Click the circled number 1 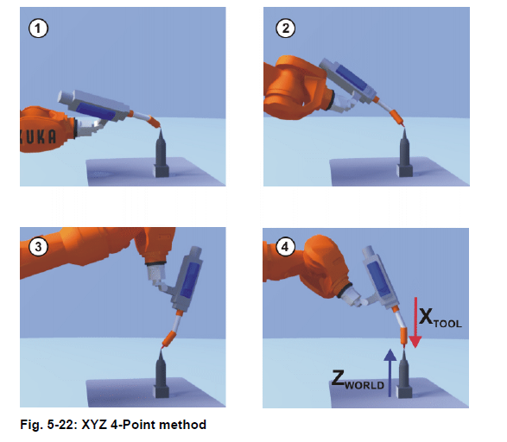tap(38, 28)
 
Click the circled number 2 tap(285, 28)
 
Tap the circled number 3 tap(38, 247)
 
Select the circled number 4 tap(285, 247)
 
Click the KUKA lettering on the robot tap(38, 136)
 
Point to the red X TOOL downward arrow tap(415, 323)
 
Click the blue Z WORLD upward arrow tap(390, 373)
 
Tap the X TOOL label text tap(440, 319)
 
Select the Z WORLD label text tap(358, 380)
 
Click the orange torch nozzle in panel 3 tap(168, 338)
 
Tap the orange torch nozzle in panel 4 tap(404, 336)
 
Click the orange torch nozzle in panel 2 tap(397, 117)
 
